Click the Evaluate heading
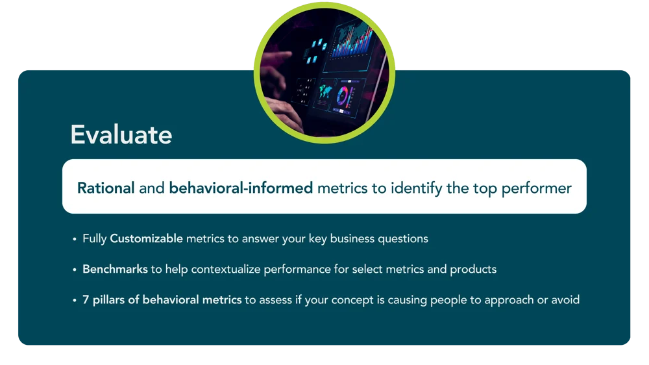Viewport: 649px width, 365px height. (121, 134)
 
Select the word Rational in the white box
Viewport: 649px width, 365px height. (106, 188)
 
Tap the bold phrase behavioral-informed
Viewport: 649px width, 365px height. (241, 188)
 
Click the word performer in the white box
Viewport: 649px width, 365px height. (537, 189)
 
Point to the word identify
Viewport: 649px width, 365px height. (417, 189)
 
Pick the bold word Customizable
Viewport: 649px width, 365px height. (146, 238)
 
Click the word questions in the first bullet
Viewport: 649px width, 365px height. (403, 239)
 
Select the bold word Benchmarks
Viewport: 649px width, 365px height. (115, 270)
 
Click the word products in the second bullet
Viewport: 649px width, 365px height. (473, 270)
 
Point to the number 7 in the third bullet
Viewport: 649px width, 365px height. (86, 300)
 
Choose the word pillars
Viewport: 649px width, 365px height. (108, 300)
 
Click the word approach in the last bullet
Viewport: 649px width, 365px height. (509, 300)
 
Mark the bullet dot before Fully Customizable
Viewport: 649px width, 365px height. (75, 239)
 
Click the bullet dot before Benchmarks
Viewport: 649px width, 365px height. (75, 270)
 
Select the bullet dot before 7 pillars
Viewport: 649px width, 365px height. (75, 300)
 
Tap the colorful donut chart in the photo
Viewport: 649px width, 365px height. (343, 96)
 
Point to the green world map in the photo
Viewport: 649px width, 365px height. (325, 92)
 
